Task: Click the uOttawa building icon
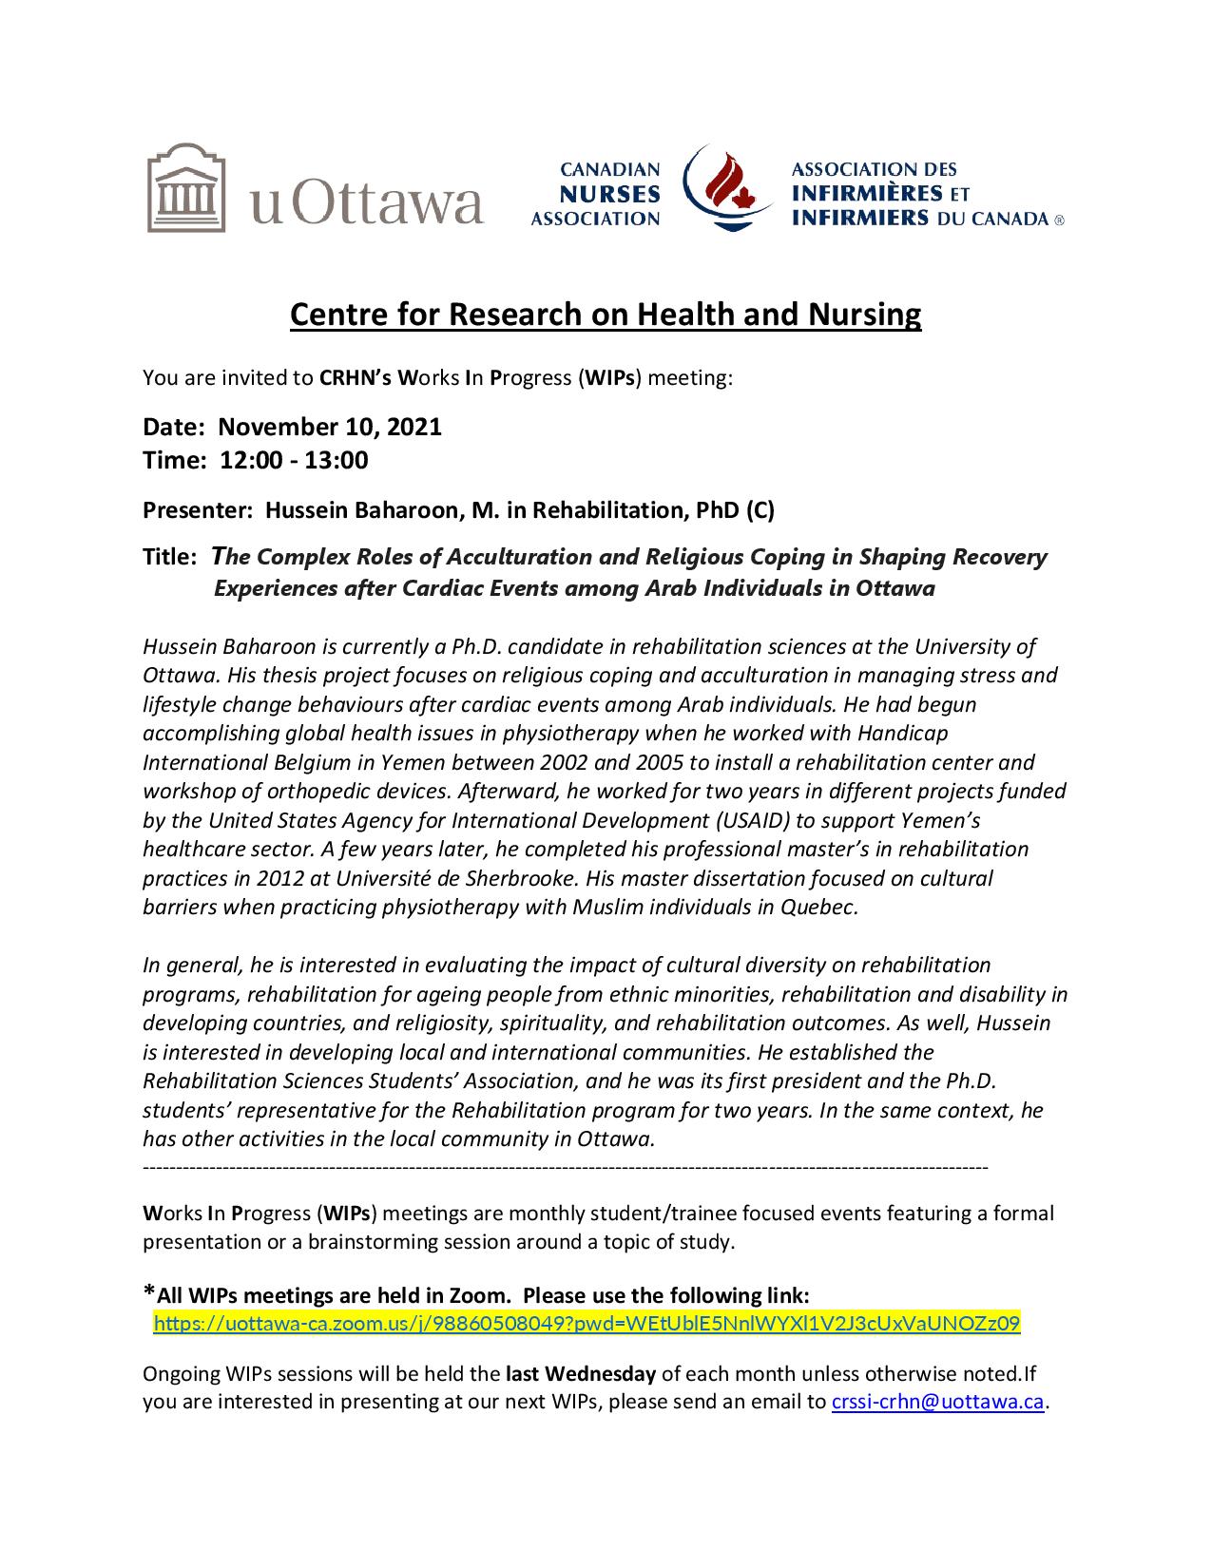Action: [187, 187]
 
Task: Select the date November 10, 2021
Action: [331, 427]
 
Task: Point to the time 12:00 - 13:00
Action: [294, 461]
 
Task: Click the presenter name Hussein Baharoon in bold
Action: [362, 510]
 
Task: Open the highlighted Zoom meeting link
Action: [587, 1323]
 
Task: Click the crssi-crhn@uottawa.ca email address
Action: [938, 1402]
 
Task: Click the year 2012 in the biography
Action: [253, 877]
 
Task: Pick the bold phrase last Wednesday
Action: [581, 1372]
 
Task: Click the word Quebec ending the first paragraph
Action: [818, 907]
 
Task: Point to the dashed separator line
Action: [566, 1165]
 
